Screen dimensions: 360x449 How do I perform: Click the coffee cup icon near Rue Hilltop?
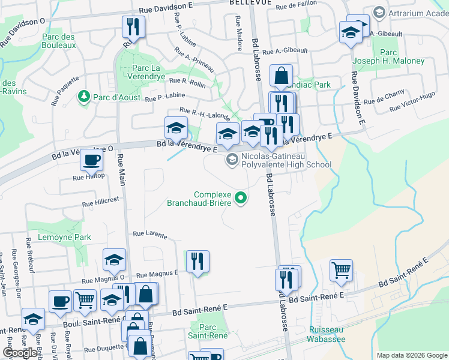(91, 160)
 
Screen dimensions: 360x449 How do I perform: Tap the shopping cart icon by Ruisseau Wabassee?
(341, 270)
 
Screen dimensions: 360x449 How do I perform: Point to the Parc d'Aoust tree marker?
(83, 96)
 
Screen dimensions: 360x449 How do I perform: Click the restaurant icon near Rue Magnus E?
(197, 261)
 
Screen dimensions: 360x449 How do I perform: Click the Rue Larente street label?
(149, 235)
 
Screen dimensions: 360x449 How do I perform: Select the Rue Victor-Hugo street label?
(412, 102)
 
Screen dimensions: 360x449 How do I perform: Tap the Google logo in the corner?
(20, 353)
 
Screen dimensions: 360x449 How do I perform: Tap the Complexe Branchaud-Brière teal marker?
(241, 197)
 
